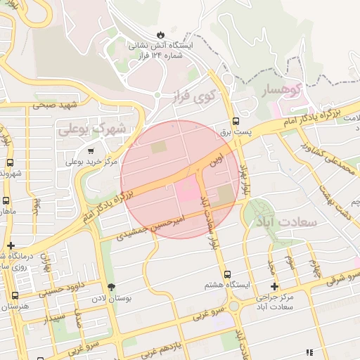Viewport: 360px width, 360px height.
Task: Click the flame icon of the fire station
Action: click(161, 34)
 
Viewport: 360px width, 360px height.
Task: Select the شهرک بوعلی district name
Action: click(94, 129)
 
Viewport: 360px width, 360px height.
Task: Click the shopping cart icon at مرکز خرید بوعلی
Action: click(91, 150)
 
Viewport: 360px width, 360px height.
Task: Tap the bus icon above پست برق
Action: click(235, 122)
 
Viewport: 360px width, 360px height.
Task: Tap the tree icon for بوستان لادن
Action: click(111, 287)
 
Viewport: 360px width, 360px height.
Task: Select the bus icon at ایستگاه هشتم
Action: click(226, 274)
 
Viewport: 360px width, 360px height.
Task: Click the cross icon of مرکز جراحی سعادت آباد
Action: click(274, 287)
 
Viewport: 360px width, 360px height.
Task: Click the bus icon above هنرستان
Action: click(15, 296)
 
